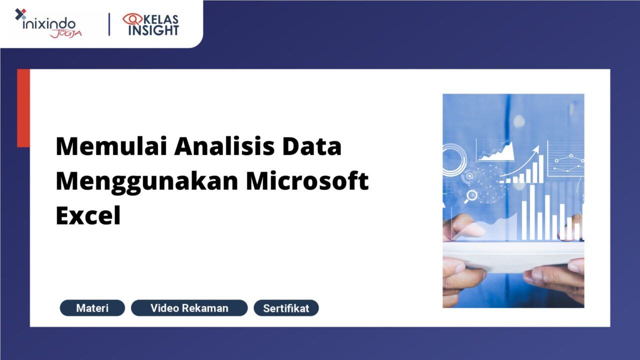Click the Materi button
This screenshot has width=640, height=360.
(x=92, y=308)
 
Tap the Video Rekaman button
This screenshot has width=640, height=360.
(x=189, y=308)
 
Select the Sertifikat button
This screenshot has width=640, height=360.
(x=286, y=308)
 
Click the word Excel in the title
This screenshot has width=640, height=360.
(x=88, y=216)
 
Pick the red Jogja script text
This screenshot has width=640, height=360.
(x=65, y=33)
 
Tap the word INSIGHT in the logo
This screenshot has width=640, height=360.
(x=153, y=30)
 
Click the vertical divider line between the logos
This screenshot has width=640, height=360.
(x=109, y=24)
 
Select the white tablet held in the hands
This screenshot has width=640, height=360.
(x=513, y=255)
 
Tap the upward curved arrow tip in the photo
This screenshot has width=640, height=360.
(x=536, y=148)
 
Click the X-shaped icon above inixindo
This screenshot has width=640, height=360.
(x=20, y=14)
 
